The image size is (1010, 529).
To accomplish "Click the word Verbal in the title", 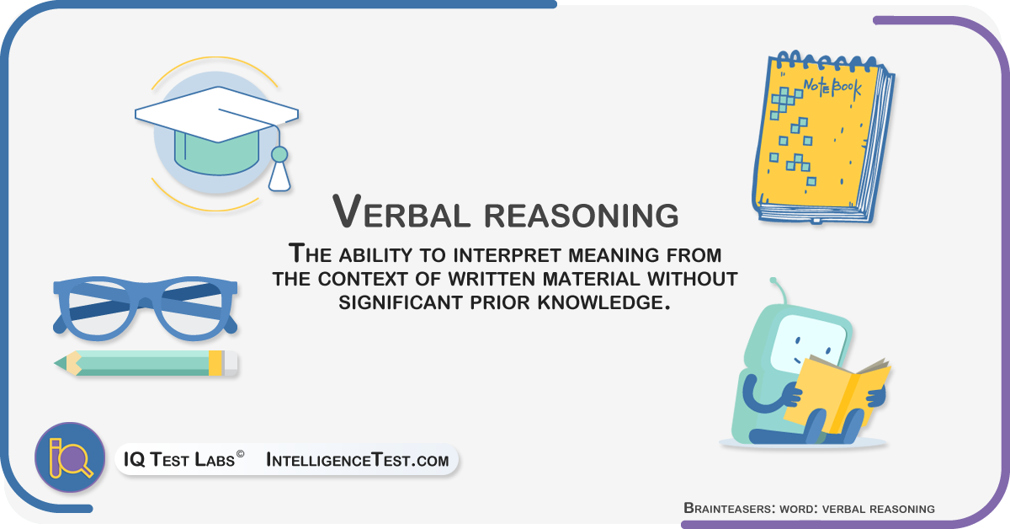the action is (401, 211).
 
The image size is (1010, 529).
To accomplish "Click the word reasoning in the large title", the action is (582, 216).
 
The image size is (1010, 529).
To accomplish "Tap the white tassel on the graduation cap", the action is (279, 177).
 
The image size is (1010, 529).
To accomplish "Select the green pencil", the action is (146, 363).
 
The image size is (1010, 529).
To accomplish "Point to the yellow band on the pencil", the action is (215, 363).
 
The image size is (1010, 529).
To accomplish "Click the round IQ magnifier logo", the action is (70, 457).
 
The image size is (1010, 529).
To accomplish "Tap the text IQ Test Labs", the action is (179, 459).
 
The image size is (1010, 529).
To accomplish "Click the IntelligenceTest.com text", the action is (358, 460).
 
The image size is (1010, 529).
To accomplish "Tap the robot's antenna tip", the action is (773, 281).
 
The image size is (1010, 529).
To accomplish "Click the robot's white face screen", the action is (808, 344).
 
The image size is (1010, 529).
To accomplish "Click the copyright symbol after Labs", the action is (240, 454).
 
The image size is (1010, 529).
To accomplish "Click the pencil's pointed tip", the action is (56, 363).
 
